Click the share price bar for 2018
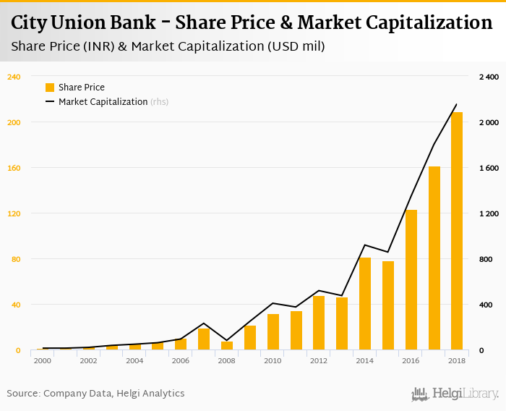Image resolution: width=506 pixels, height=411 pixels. pos(457,232)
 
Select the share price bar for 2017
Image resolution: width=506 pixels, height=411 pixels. pos(434,258)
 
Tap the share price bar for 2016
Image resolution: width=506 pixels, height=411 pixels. pos(411,280)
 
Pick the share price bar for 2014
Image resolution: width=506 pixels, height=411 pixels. pos(365,304)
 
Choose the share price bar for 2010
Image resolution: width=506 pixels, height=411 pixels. pos(273,332)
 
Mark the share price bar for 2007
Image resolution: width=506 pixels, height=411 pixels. pos(204,339)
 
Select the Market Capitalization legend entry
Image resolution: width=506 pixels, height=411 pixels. pos(103,102)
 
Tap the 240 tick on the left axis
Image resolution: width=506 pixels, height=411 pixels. pos(14,77)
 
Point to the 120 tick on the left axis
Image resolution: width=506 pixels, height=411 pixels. pos(14,213)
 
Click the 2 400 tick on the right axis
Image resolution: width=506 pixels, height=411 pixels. pos(489,77)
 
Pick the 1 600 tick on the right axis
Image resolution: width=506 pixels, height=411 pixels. pos(489,168)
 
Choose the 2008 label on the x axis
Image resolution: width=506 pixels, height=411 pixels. pos(227,360)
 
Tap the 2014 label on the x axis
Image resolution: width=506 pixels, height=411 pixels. pos(365,360)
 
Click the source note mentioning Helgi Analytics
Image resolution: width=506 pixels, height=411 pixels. pos(95,394)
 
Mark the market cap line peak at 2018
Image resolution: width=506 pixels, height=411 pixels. pos(457,104)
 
